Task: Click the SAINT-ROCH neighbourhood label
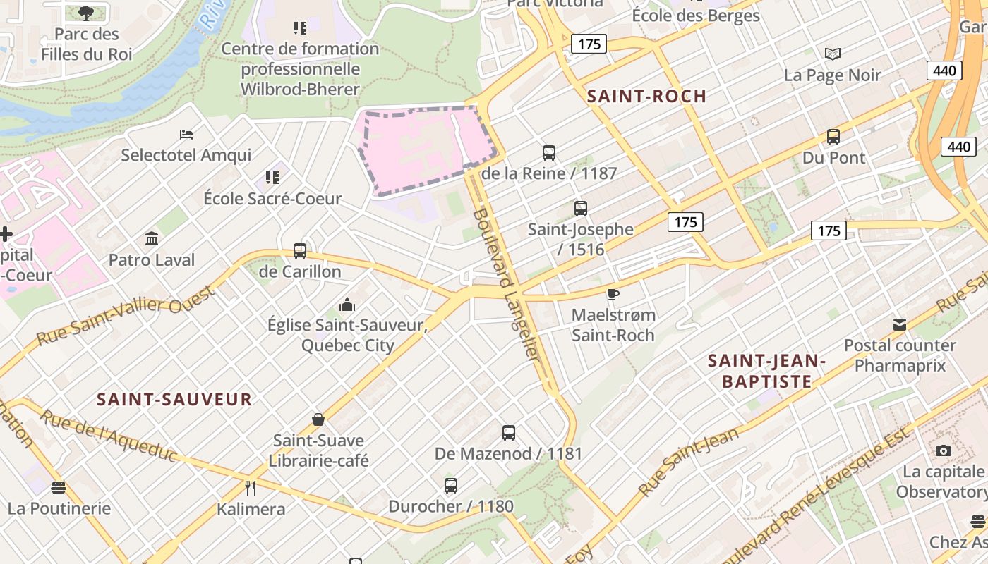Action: pyautogui.click(x=646, y=97)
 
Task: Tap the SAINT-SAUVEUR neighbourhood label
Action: pyautogui.click(x=174, y=400)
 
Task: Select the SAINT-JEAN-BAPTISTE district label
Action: pyautogui.click(x=766, y=372)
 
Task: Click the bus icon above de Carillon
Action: pyautogui.click(x=300, y=250)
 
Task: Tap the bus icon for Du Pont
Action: pyautogui.click(x=833, y=137)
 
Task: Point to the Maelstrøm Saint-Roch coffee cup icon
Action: pyautogui.click(x=613, y=294)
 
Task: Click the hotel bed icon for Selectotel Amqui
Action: pyautogui.click(x=186, y=134)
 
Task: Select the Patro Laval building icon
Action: pyautogui.click(x=152, y=238)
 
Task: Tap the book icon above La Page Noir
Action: pyautogui.click(x=833, y=54)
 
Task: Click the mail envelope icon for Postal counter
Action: pyautogui.click(x=900, y=325)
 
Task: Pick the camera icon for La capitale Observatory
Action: pyautogui.click(x=943, y=450)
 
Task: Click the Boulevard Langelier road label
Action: pyautogui.click(x=507, y=286)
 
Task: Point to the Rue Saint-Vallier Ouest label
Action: pyautogui.click(x=125, y=314)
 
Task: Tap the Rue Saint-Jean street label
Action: pyautogui.click(x=688, y=460)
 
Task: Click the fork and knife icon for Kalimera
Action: pyautogui.click(x=250, y=488)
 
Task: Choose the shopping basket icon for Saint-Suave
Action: pyautogui.click(x=318, y=419)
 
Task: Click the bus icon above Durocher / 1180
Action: pyautogui.click(x=451, y=485)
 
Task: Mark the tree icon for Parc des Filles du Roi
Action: pyautogui.click(x=86, y=12)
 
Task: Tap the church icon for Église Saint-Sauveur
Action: pyautogui.click(x=347, y=305)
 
